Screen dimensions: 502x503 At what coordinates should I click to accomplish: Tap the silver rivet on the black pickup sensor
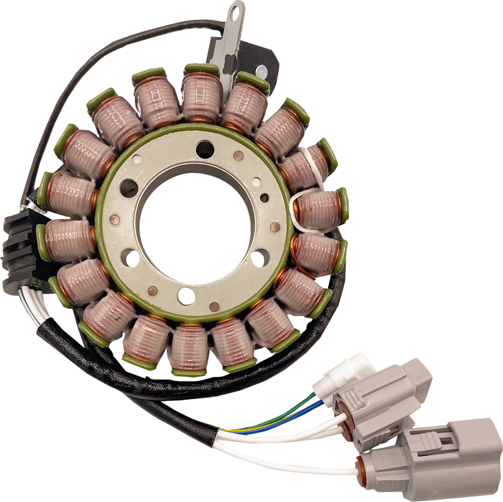tap(260, 68)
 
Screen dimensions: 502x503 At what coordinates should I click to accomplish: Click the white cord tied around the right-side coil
tap(307, 197)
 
